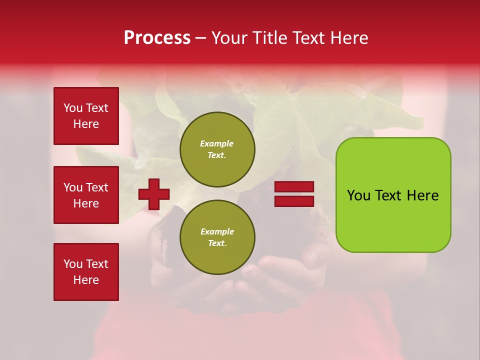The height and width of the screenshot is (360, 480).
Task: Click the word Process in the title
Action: (157, 38)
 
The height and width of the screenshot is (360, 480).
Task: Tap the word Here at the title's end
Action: (348, 38)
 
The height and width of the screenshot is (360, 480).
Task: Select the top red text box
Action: (86, 116)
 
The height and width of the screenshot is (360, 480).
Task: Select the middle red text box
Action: (86, 195)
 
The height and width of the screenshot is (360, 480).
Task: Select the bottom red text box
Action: (86, 272)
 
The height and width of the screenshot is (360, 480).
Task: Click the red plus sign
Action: (154, 194)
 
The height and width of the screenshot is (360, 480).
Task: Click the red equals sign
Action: (294, 194)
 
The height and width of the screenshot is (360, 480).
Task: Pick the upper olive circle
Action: (217, 149)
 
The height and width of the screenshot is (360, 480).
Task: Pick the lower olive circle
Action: (217, 237)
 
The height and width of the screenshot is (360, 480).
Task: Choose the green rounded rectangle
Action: (393, 194)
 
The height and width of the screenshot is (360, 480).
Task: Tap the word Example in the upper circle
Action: (217, 143)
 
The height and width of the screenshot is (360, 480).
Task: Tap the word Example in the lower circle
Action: (217, 231)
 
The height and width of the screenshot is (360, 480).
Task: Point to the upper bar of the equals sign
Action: (294, 187)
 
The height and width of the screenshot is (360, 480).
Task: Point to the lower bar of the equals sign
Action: (294, 201)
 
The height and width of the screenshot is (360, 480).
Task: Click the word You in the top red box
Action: (72, 108)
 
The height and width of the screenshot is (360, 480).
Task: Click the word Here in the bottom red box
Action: (86, 280)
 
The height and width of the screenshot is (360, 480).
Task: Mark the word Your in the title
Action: (228, 38)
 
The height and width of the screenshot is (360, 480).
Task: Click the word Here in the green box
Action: (423, 195)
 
